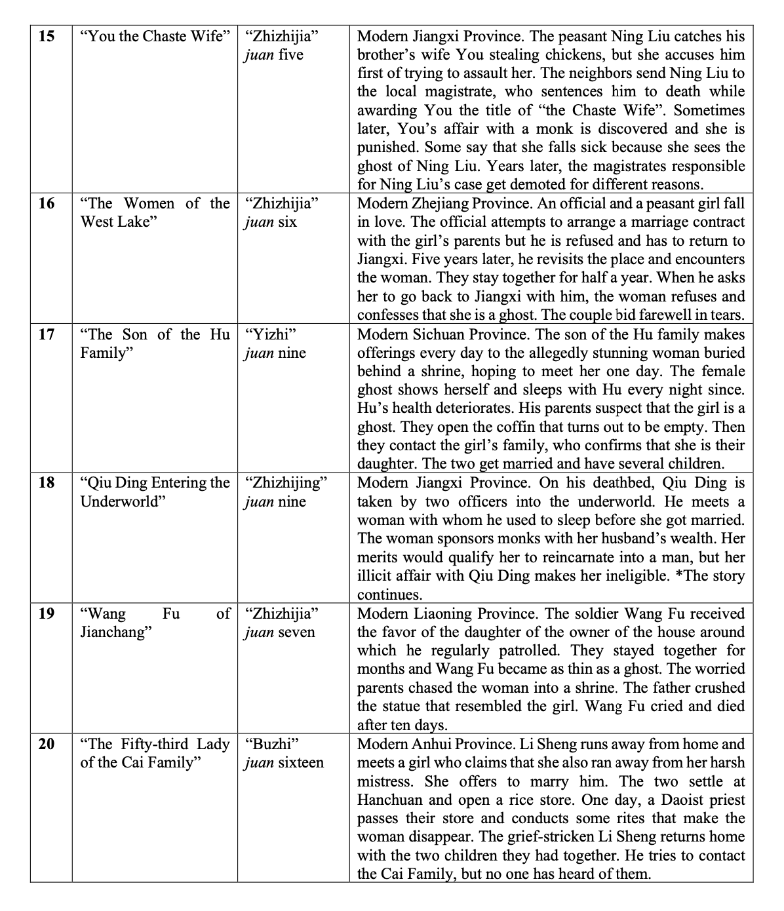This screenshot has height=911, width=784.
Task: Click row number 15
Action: point(47,36)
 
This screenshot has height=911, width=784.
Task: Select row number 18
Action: point(47,483)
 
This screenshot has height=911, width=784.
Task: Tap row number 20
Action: point(47,744)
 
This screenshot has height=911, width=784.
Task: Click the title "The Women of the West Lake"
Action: point(155,212)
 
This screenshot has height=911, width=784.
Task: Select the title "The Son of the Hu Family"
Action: point(155,343)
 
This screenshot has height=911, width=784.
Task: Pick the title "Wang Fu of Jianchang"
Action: point(155,623)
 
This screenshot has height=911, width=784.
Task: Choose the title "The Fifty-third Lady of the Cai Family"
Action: point(155,753)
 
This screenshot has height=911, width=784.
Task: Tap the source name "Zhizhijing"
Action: point(285,483)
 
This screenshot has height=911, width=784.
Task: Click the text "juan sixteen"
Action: point(284,763)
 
